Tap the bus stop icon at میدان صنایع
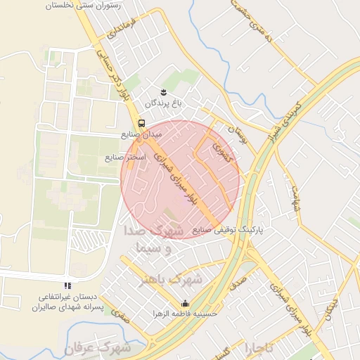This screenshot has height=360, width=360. click(x=142, y=124)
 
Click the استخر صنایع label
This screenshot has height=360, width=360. click(x=126, y=157)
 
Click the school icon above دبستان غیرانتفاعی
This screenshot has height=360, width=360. click(x=67, y=285)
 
